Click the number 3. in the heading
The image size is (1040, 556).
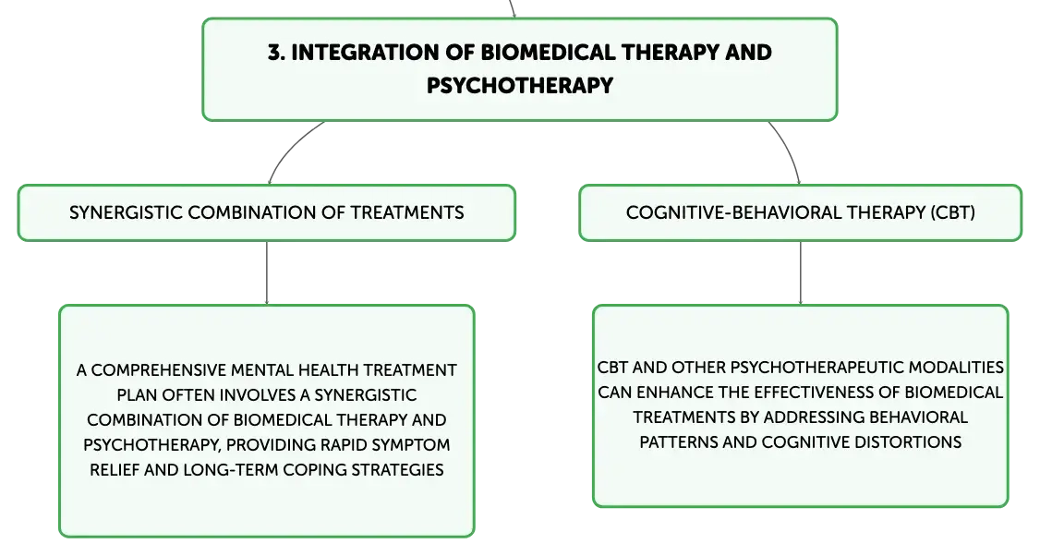[x=276, y=53]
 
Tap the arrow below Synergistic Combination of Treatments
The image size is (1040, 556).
[x=267, y=272]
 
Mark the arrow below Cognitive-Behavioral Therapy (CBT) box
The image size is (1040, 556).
[x=801, y=272]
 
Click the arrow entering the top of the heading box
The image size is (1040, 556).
[x=512, y=8]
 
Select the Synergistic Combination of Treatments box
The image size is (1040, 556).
[x=267, y=213]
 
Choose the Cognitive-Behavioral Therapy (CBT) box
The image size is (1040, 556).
[x=801, y=213]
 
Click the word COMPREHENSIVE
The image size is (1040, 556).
[x=159, y=370]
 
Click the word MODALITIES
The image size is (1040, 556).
[x=956, y=368]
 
